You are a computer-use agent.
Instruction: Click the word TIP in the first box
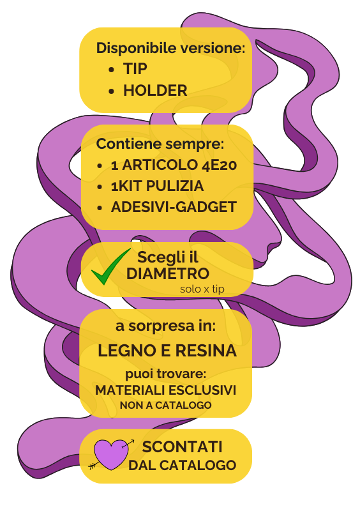click(x=135, y=69)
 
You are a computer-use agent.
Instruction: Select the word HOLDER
click(x=155, y=90)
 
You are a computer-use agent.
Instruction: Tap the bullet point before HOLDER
click(x=112, y=91)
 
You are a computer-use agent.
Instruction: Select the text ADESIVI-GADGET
click(x=174, y=207)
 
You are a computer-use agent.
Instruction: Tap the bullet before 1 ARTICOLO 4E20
click(x=100, y=166)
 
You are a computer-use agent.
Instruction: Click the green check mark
click(x=111, y=266)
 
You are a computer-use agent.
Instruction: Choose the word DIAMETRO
click(x=167, y=273)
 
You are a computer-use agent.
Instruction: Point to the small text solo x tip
click(x=202, y=289)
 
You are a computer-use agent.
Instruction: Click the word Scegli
click(x=158, y=258)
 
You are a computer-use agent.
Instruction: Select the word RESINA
click(x=206, y=351)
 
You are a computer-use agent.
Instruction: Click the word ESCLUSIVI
click(x=202, y=390)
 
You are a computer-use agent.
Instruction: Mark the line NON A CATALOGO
click(x=165, y=405)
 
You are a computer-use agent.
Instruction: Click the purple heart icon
click(x=111, y=454)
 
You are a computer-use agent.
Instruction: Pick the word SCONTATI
click(x=182, y=446)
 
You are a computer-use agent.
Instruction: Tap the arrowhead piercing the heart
click(x=131, y=441)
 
